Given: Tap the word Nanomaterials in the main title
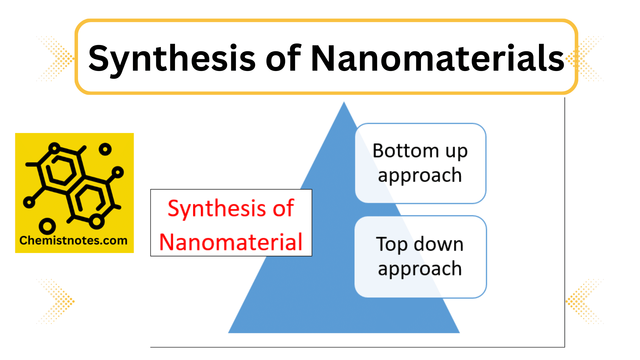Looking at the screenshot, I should click(437, 58).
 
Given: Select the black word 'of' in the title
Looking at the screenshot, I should click(283, 58).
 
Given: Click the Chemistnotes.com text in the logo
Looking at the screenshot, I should click(73, 240).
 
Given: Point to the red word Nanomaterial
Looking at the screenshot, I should click(231, 242).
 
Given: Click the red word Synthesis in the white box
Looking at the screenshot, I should click(217, 209).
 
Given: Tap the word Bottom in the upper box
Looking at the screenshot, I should click(405, 151).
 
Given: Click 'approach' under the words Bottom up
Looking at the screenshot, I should click(420, 176).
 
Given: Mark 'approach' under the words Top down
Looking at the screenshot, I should click(420, 269).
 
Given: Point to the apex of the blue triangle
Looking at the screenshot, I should click(344, 103).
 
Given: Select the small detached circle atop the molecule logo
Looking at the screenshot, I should click(105, 149).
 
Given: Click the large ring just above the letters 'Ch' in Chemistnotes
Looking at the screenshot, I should click(47, 226).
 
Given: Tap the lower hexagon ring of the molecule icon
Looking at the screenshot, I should click(90, 200).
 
